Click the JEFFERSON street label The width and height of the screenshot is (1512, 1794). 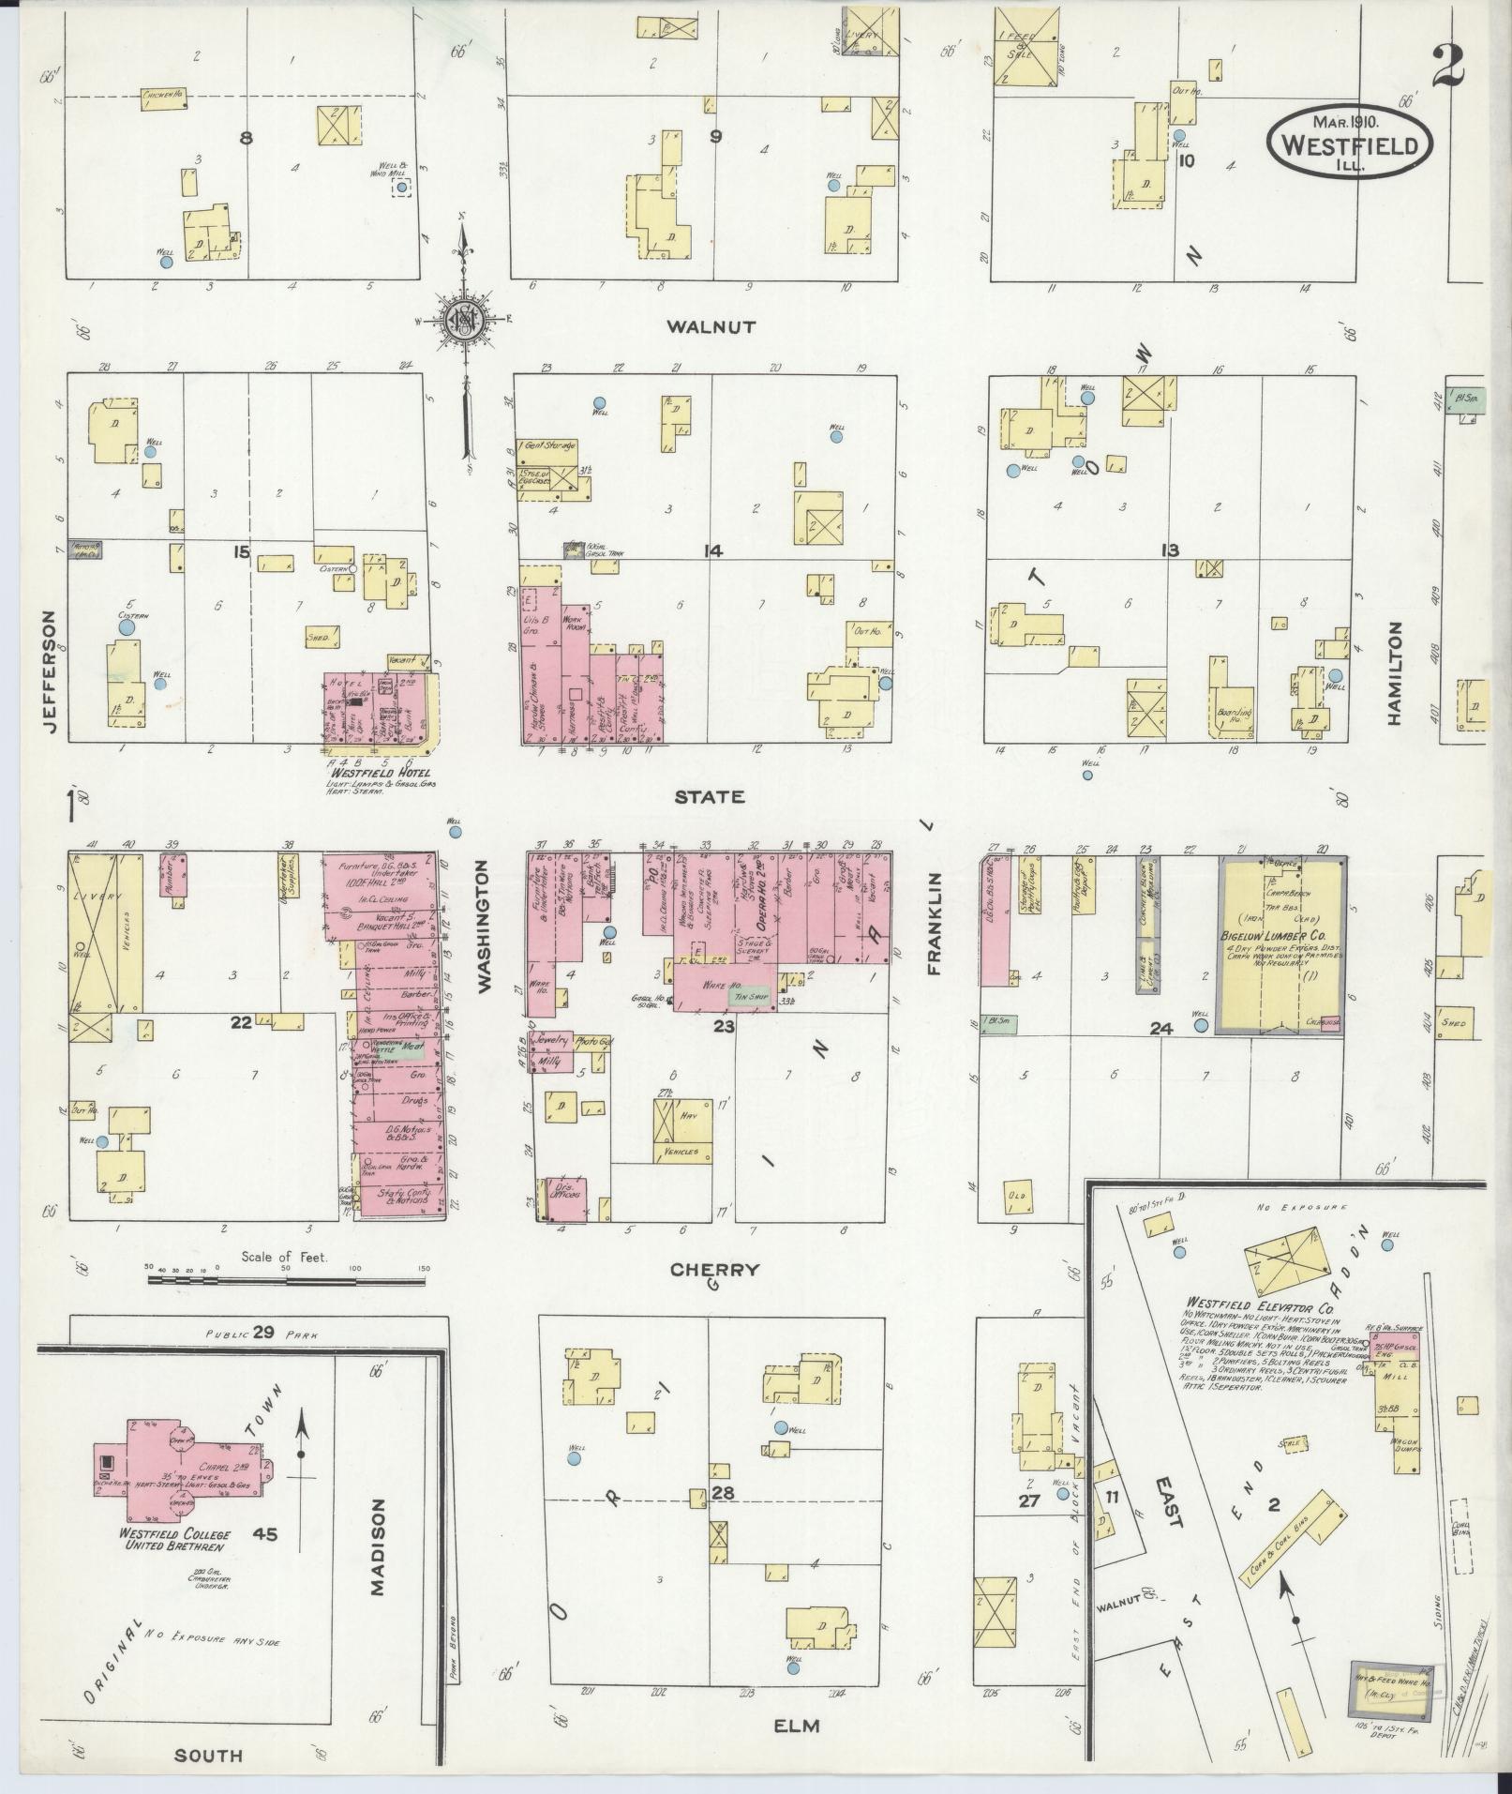[48, 674]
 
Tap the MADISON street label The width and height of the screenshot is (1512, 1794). [378, 1481]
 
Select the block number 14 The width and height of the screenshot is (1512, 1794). [715, 550]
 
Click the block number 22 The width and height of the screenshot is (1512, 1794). [241, 1022]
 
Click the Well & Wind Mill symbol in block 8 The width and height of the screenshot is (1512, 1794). [401, 188]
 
